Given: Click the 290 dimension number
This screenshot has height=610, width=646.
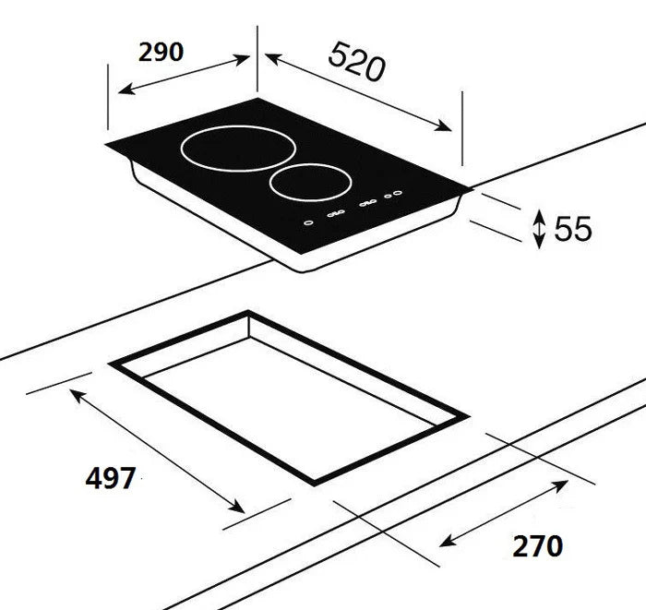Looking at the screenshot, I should (x=161, y=51).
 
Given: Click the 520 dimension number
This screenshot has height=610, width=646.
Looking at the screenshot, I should (x=356, y=63).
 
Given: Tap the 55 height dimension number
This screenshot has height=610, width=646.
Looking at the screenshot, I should (x=572, y=228).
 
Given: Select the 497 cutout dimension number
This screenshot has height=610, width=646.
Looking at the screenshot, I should (x=110, y=478).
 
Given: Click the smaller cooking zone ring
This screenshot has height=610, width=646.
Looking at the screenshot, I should (x=314, y=179).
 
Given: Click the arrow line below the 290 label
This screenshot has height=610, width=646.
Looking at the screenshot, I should (x=185, y=74).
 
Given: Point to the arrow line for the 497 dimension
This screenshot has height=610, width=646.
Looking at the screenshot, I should (x=157, y=450).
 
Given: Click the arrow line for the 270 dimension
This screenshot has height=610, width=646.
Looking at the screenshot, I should (x=504, y=513).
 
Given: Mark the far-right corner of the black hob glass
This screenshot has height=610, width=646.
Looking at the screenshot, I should (x=473, y=191).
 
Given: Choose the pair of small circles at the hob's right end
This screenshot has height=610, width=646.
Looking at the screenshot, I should (x=394, y=194).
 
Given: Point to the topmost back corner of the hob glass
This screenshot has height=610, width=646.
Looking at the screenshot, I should (x=257, y=99).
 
